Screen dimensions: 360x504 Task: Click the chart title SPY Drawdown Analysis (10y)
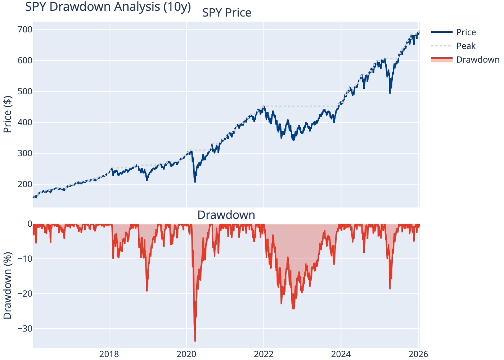(108, 7)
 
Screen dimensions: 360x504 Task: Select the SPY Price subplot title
(226, 13)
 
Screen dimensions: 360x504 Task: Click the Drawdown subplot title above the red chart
(226, 215)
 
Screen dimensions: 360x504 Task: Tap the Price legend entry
(466, 32)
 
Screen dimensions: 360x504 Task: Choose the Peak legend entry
(466, 46)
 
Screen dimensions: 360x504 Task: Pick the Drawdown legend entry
(478, 60)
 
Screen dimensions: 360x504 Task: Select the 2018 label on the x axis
(109, 354)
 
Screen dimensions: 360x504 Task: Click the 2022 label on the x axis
(264, 354)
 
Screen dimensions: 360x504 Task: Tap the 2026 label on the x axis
(418, 354)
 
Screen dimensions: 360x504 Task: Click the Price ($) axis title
(8, 114)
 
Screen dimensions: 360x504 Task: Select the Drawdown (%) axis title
(8, 285)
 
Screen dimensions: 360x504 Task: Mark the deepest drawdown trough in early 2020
(195, 341)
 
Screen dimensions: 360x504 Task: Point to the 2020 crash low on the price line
(195, 182)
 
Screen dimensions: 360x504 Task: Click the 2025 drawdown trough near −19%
(390, 288)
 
